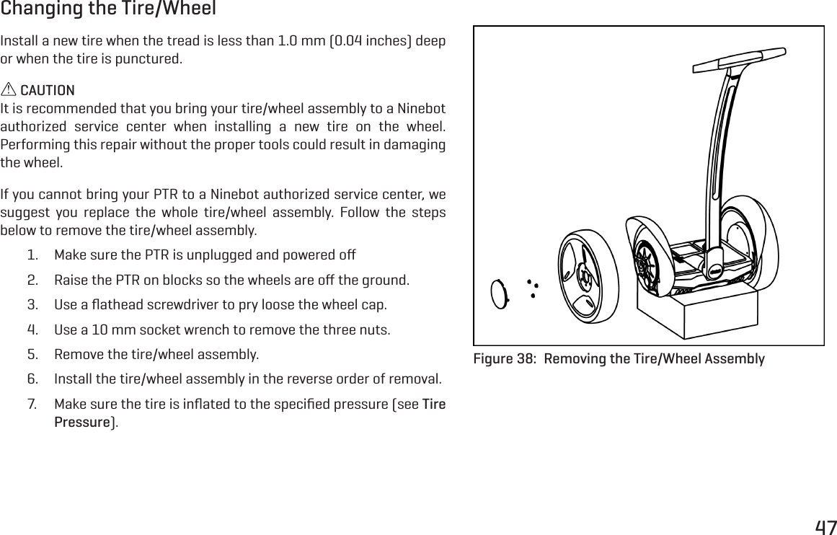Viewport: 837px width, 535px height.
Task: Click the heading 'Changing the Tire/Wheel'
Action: point(108,9)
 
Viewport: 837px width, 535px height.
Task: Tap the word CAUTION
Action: point(47,90)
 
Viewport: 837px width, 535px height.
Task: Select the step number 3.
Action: point(33,304)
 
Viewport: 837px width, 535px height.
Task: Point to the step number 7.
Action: point(33,402)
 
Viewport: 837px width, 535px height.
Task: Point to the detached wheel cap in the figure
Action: point(500,294)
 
